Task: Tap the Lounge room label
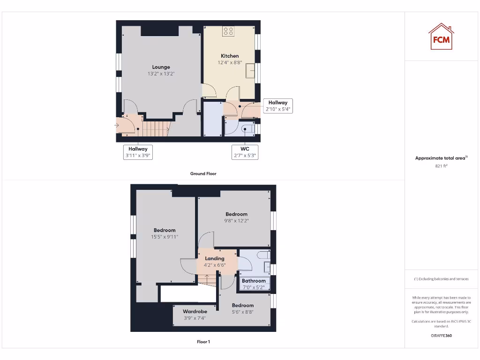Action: click(161, 67)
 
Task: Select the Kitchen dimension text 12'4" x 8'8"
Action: click(230, 62)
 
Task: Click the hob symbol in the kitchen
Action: click(229, 32)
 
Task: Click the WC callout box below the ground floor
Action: click(245, 152)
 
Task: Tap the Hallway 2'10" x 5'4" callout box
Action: click(278, 106)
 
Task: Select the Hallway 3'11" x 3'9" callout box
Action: click(138, 152)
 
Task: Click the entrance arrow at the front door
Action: click(117, 125)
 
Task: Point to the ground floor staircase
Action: click(155, 127)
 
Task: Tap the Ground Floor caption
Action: click(203, 173)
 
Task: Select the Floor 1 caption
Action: click(203, 342)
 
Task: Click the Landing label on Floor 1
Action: click(215, 258)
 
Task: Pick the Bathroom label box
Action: click(254, 284)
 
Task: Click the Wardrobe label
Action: click(195, 311)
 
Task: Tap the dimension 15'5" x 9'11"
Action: click(165, 237)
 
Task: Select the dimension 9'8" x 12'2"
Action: click(236, 221)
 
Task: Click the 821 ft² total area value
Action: click(441, 166)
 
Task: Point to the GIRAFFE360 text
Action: click(441, 336)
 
